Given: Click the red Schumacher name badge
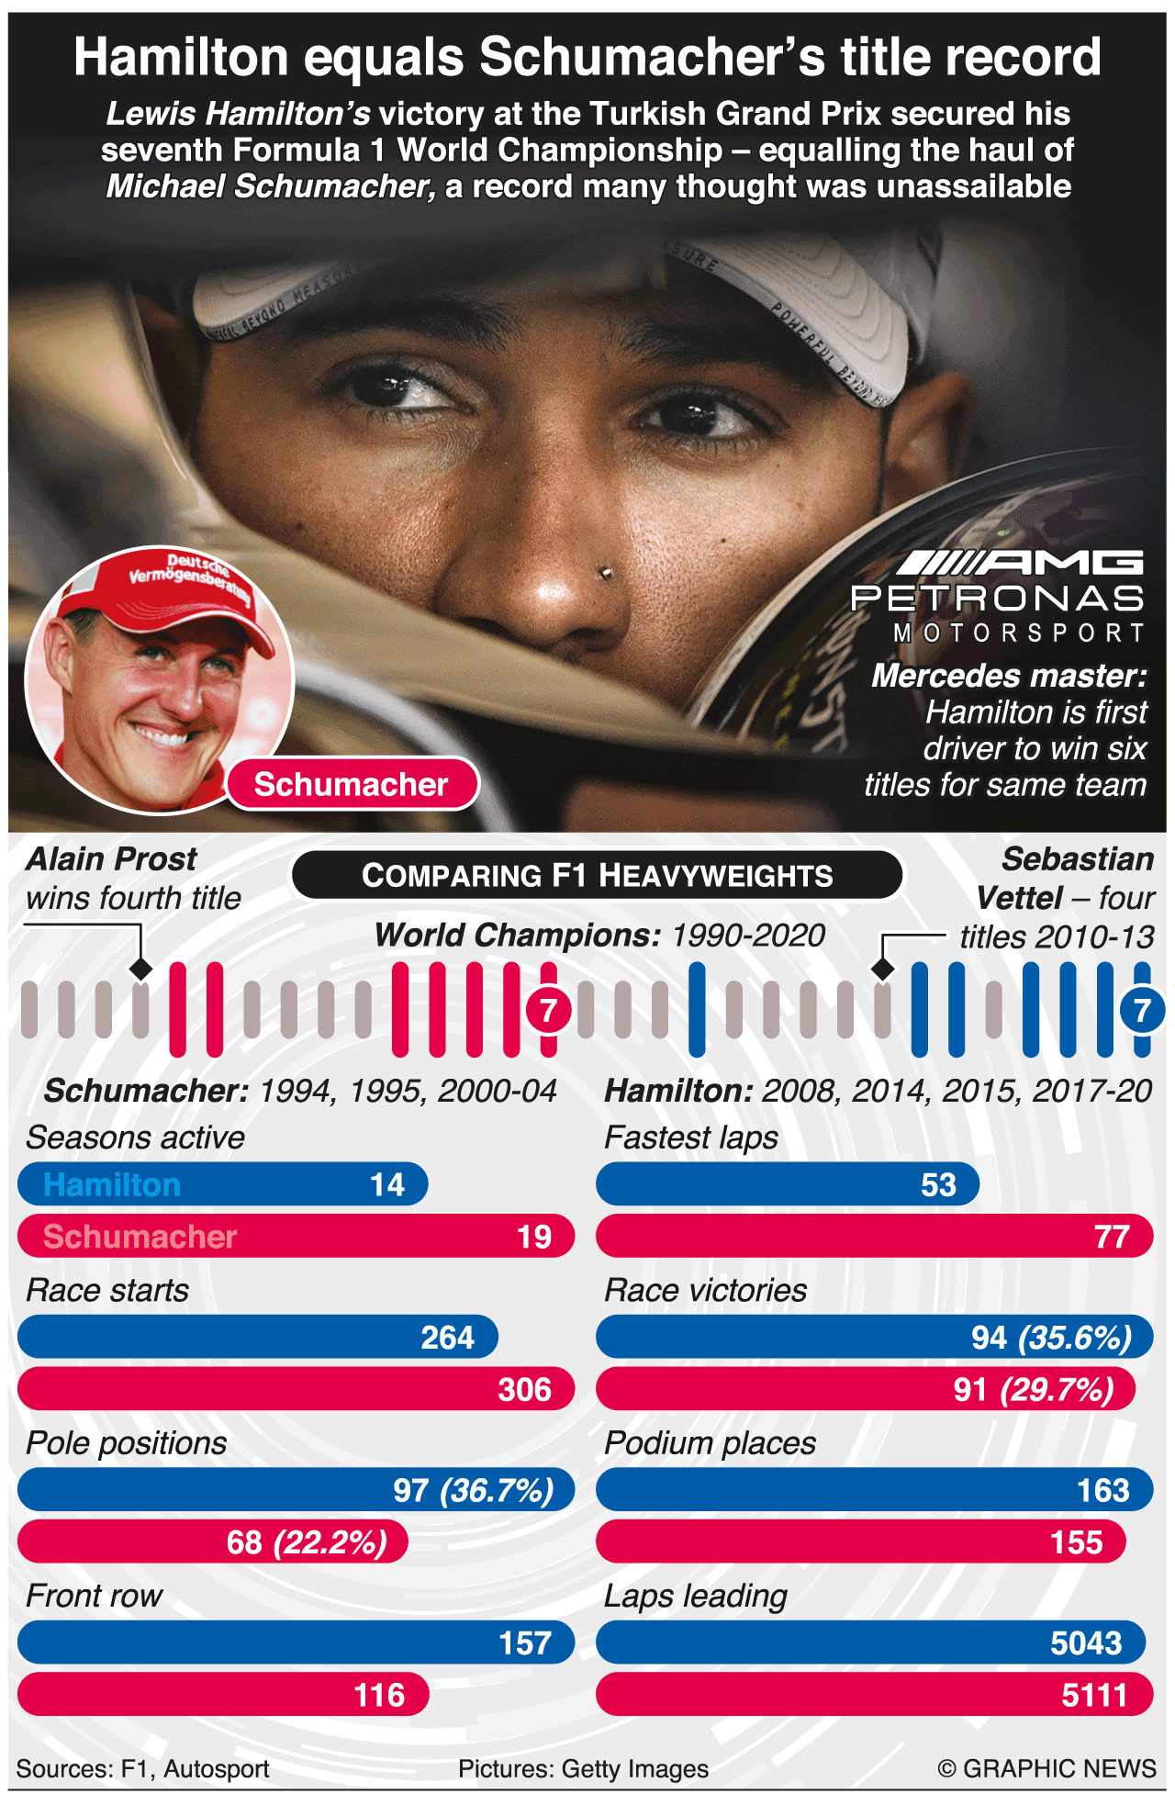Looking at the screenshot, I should (x=352, y=784).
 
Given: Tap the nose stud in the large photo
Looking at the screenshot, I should (x=605, y=574).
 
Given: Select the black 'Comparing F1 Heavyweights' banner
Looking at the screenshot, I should (x=597, y=875).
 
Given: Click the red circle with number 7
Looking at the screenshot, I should (x=548, y=1011).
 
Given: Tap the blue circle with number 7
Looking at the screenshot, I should (x=1141, y=1011).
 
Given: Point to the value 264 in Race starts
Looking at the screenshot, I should (x=447, y=1338).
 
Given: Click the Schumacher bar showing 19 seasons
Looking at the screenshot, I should (x=296, y=1236).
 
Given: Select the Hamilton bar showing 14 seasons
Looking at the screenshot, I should (x=222, y=1184).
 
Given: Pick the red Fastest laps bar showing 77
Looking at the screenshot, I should (x=874, y=1236).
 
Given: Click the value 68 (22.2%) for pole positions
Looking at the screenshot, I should (x=307, y=1541).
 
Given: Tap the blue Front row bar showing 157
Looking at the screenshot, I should (x=296, y=1642).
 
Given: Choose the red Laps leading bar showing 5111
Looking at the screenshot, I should (x=874, y=1694).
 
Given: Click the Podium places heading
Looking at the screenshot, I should (x=710, y=1442).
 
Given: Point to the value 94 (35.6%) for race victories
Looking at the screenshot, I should (x=1051, y=1338).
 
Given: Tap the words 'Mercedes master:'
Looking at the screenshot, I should (x=1009, y=676).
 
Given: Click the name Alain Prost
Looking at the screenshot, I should (x=112, y=858).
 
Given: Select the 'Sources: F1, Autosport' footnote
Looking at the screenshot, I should (x=142, y=1768).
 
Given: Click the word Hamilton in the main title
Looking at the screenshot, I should (x=181, y=57).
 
